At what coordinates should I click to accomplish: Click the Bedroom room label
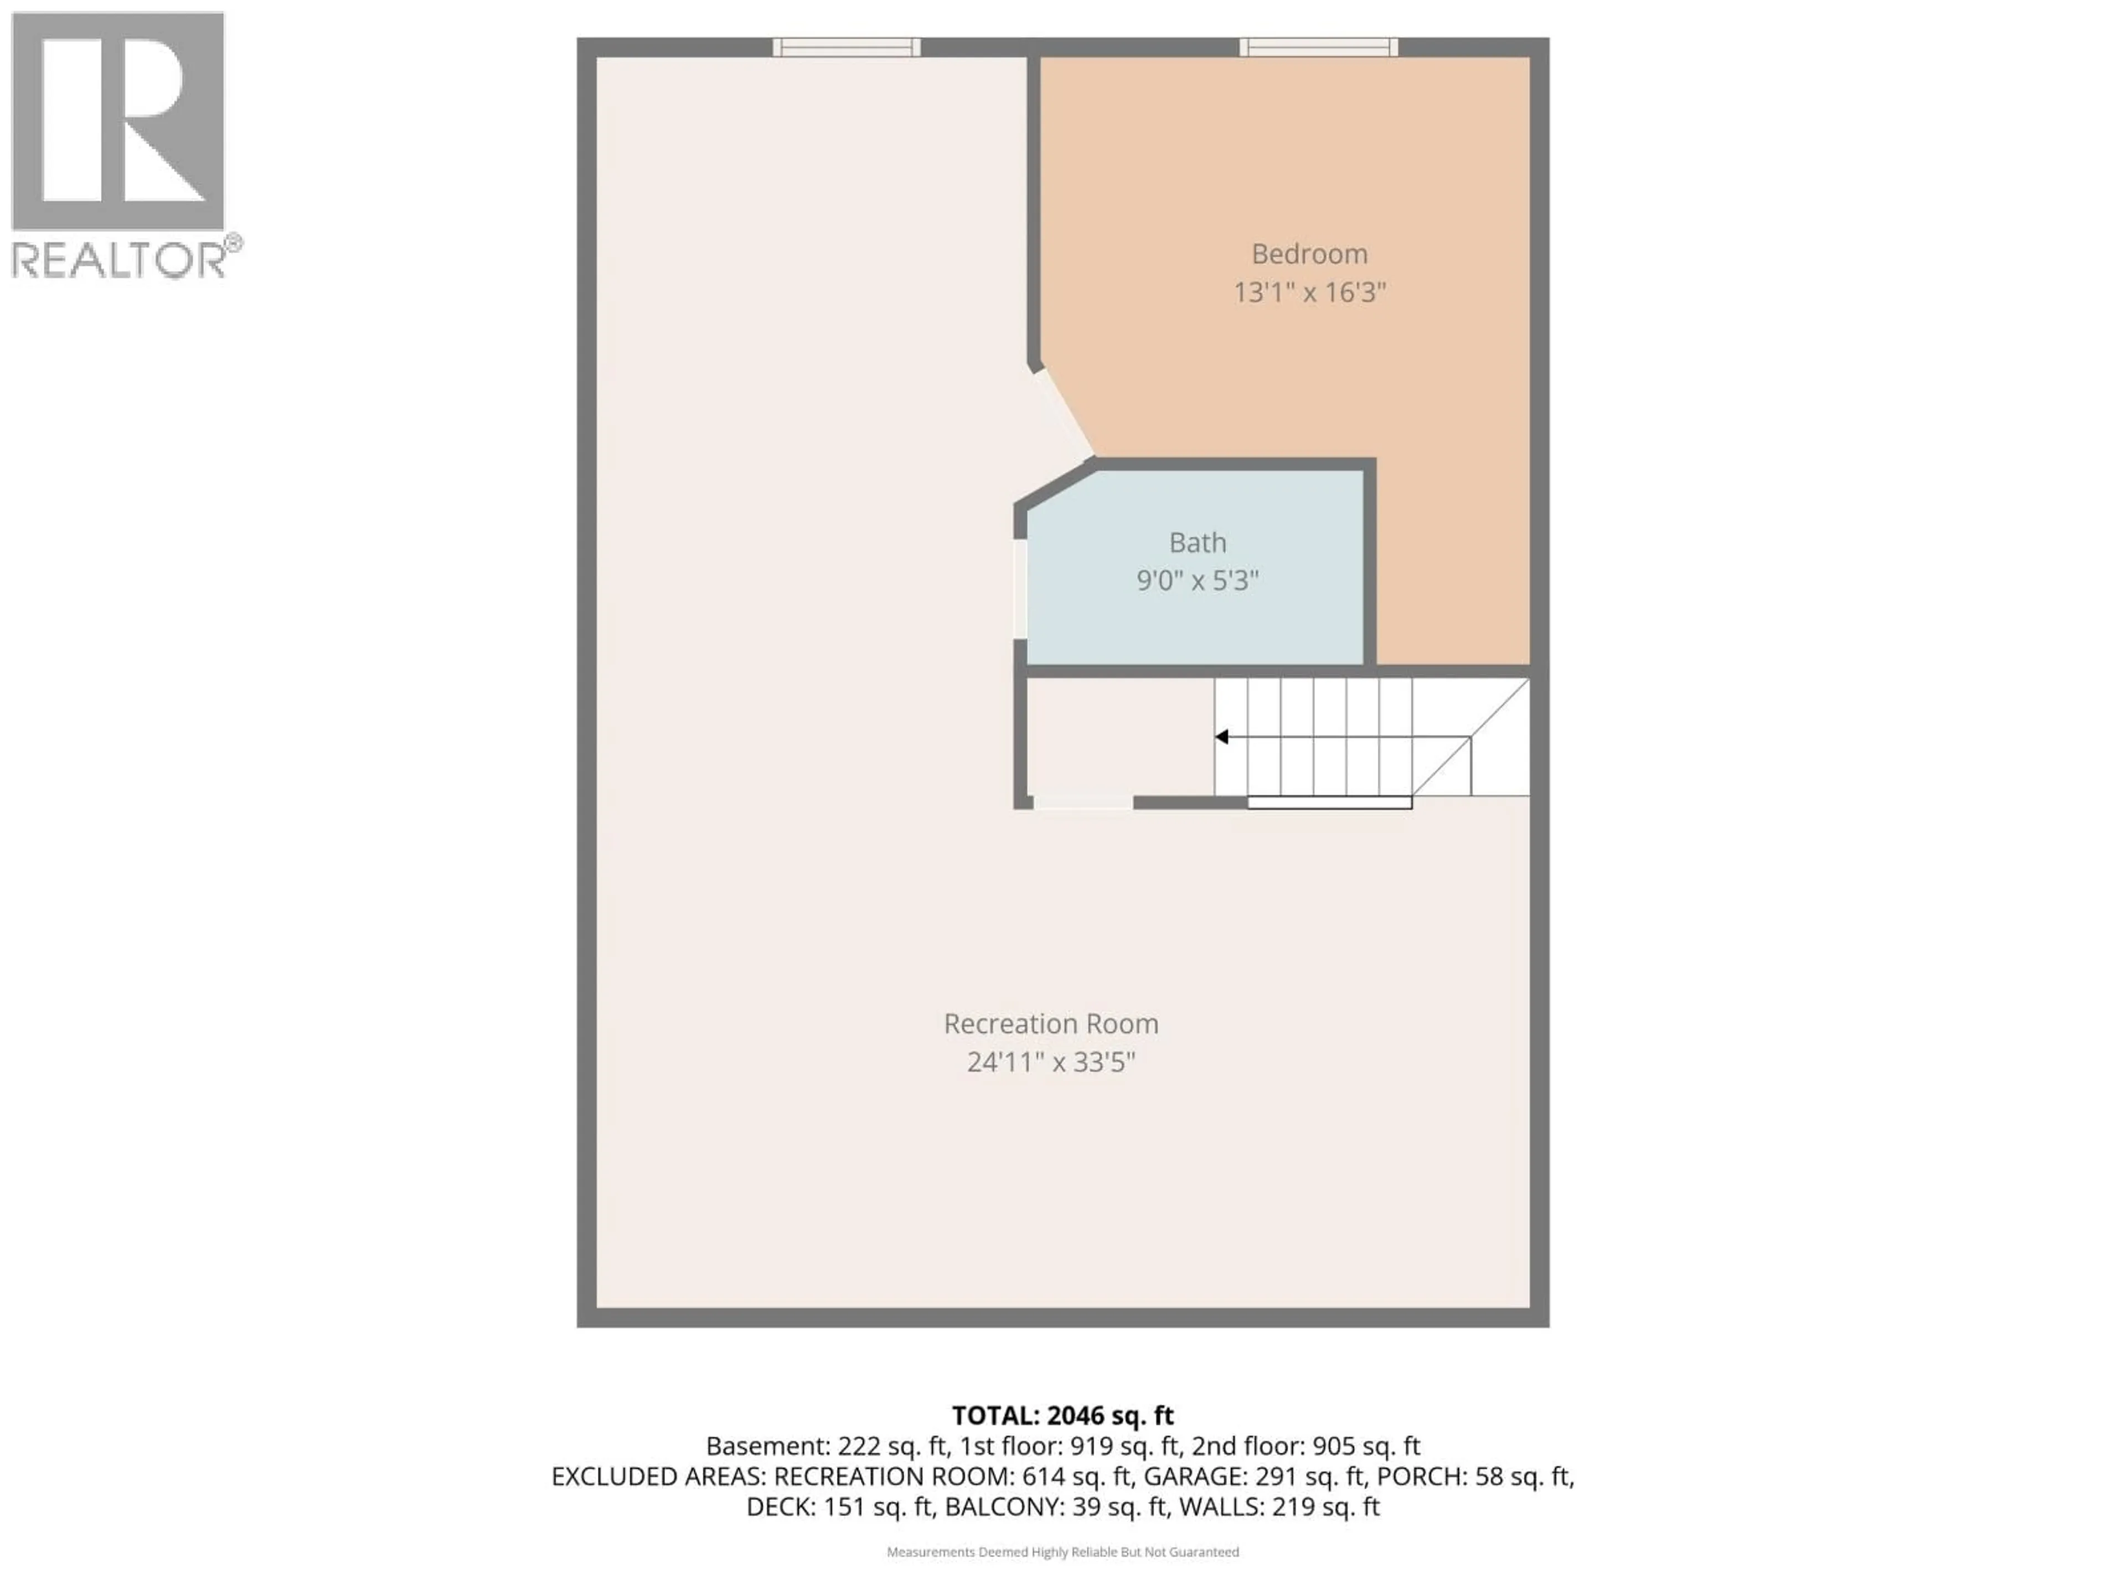[x=1309, y=254]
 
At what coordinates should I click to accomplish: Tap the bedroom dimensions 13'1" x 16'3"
[x=1309, y=292]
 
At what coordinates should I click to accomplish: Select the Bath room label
[x=1198, y=543]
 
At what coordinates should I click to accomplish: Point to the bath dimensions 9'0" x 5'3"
[x=1198, y=581]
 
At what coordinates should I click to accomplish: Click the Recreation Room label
[x=1050, y=1024]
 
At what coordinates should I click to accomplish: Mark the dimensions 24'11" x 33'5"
[x=1050, y=1062]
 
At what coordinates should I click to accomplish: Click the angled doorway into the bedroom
[x=1063, y=413]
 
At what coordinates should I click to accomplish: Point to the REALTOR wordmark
[x=120, y=260]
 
